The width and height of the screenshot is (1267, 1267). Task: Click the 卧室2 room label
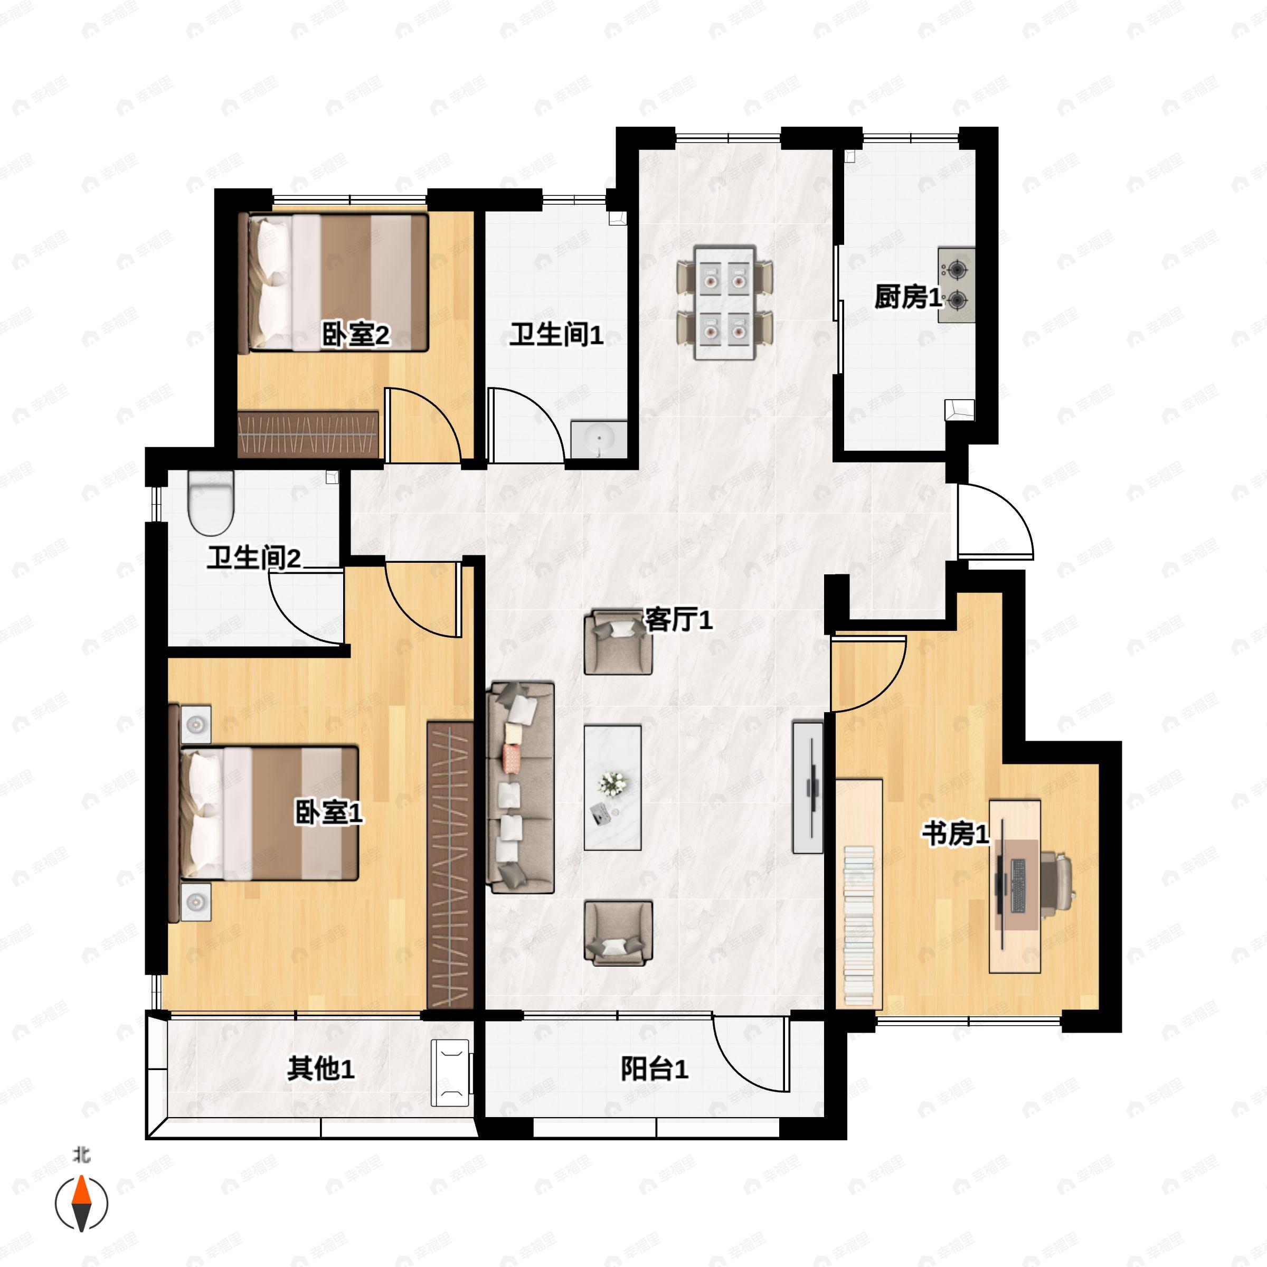pyautogui.click(x=355, y=335)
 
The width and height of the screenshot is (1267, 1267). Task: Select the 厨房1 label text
pyautogui.click(x=908, y=297)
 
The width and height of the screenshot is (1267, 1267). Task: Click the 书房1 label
pyautogui.click(x=956, y=835)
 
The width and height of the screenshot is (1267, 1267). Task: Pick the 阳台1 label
pyautogui.click(x=655, y=1070)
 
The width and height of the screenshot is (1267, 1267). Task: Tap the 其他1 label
pyautogui.click(x=320, y=1070)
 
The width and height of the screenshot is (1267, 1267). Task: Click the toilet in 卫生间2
pyautogui.click(x=211, y=503)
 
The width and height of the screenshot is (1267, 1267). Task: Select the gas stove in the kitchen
pyautogui.click(x=956, y=285)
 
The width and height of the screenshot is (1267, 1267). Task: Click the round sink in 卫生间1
pyautogui.click(x=599, y=439)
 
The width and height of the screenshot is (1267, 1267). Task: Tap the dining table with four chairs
pyautogui.click(x=725, y=302)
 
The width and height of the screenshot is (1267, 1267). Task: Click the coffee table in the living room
pyautogui.click(x=612, y=788)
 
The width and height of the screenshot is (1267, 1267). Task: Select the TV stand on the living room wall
pyautogui.click(x=808, y=788)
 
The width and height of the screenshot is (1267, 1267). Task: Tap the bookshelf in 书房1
pyautogui.click(x=859, y=893)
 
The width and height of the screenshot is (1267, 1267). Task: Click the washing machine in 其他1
pyautogui.click(x=450, y=1073)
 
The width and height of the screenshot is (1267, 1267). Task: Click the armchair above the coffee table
pyautogui.click(x=618, y=641)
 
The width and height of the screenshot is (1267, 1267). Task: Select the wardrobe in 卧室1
pyautogui.click(x=450, y=865)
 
